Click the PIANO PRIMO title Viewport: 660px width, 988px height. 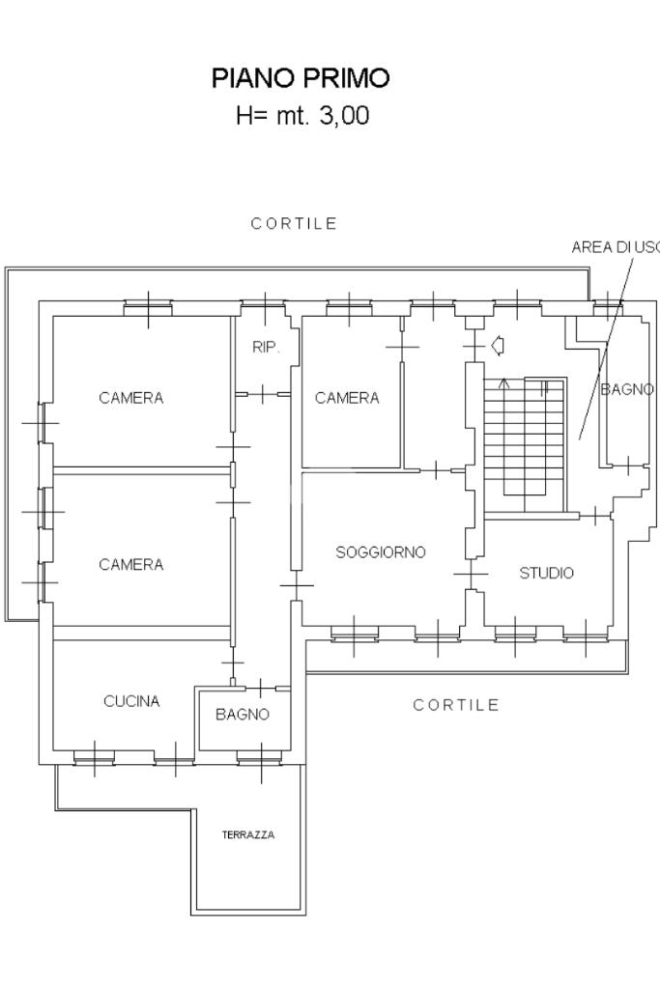(301, 78)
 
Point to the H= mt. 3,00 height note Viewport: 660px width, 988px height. (302, 115)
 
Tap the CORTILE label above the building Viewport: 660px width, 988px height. (294, 224)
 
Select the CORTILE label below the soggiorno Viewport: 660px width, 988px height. (456, 705)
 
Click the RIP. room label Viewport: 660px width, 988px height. (266, 347)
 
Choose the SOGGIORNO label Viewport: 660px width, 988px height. (381, 552)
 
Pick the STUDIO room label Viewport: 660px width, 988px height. (547, 573)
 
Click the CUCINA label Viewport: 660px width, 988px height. (131, 701)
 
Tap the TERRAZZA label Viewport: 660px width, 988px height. (248, 834)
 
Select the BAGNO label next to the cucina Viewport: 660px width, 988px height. (243, 715)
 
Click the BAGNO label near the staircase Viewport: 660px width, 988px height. (627, 389)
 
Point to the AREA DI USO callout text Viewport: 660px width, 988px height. (616, 247)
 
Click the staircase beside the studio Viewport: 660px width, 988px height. (525, 444)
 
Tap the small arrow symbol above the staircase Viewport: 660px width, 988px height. (498, 346)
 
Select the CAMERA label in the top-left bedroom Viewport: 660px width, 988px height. (131, 398)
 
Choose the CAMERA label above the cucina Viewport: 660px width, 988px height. (131, 564)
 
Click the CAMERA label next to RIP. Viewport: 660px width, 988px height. (347, 398)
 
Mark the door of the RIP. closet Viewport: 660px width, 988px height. (263, 394)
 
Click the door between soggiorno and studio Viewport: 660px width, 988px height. (471, 574)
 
